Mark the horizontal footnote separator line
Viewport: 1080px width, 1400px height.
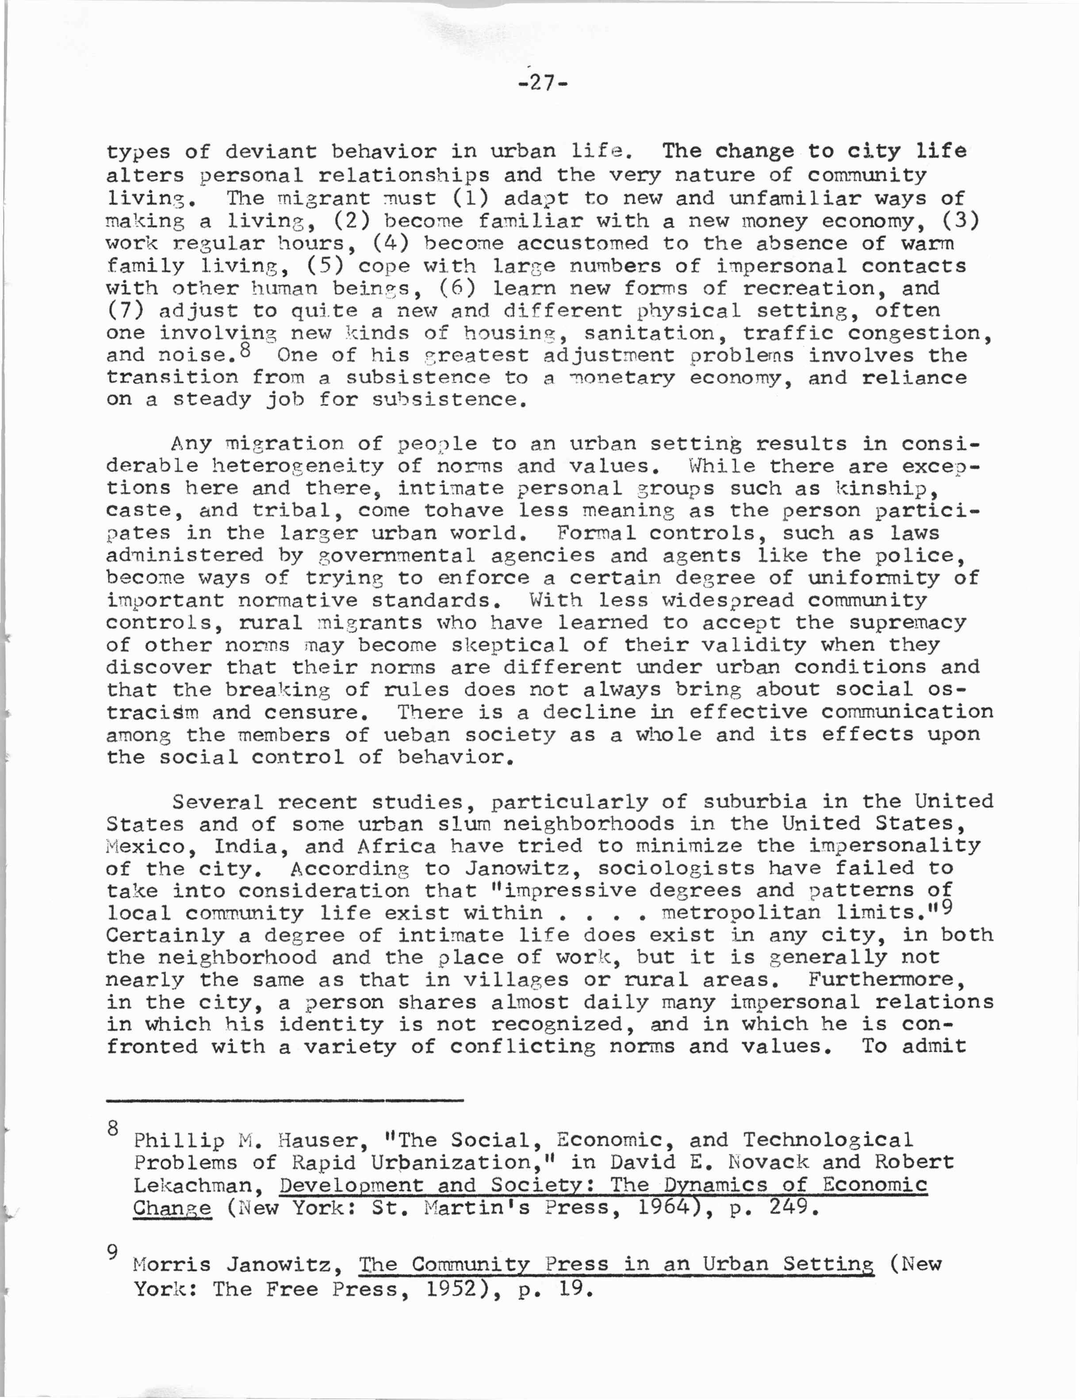pos(284,1100)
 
